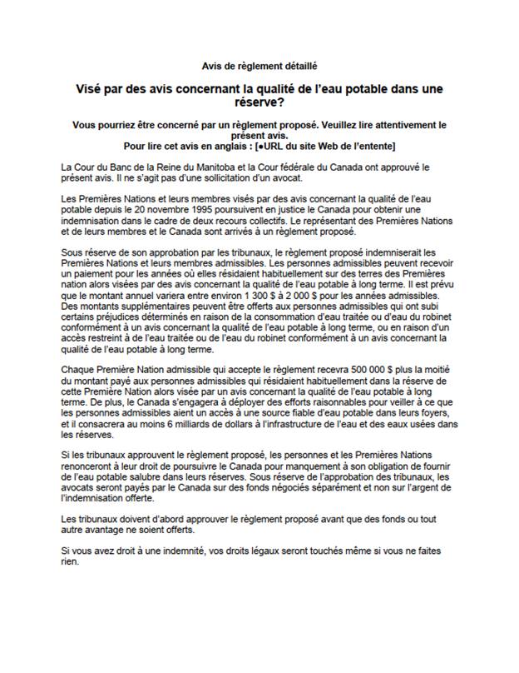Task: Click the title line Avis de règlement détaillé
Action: [259, 64]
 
